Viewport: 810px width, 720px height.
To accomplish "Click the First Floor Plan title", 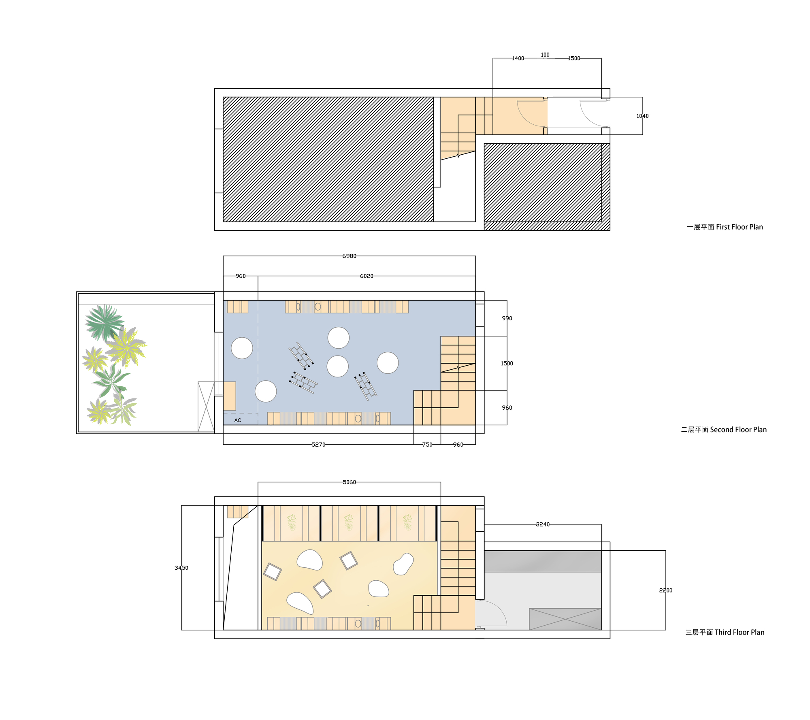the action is (x=725, y=227).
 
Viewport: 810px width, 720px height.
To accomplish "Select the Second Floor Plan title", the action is (x=724, y=430).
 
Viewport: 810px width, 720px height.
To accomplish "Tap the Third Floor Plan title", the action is (x=725, y=632).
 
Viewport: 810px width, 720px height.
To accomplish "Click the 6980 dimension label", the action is (x=349, y=256).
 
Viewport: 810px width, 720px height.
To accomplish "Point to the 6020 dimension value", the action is (x=367, y=276).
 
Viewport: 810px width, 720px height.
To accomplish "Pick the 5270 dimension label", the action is (x=318, y=445).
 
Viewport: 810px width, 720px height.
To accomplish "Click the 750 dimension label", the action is (x=427, y=445).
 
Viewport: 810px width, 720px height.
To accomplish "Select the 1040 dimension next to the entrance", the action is (x=642, y=116).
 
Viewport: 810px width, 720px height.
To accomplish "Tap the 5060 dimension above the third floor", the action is (x=349, y=482).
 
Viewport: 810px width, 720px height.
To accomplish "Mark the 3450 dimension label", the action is (x=181, y=568).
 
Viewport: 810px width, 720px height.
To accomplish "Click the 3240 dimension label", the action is (x=543, y=524).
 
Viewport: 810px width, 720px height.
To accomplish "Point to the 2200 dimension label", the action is (x=665, y=590).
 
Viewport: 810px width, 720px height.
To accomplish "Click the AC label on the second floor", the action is (x=238, y=420).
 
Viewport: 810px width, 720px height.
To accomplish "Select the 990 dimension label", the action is (x=507, y=318).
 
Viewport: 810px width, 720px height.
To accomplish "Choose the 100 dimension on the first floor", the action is (x=545, y=55).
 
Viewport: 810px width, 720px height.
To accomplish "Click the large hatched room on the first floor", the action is (x=328, y=159).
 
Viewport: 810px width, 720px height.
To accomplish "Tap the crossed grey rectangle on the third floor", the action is (x=565, y=619).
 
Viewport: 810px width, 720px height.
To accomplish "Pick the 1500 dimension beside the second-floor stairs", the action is (x=507, y=363).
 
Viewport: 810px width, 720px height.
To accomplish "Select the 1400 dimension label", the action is (x=518, y=58).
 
